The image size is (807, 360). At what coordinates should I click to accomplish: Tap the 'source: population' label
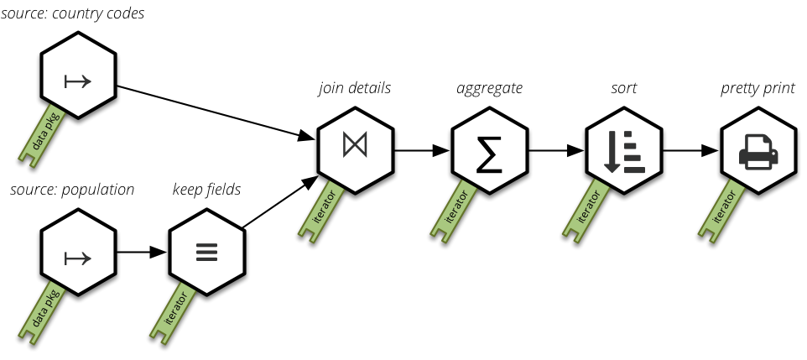(x=72, y=190)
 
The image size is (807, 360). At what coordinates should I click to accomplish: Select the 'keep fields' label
(x=206, y=190)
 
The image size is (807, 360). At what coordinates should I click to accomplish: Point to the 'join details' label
(x=354, y=87)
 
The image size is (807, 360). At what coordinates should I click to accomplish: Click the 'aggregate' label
(x=489, y=87)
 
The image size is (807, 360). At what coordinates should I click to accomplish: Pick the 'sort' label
(x=625, y=87)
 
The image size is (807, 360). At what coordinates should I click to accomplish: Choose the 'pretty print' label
(x=758, y=87)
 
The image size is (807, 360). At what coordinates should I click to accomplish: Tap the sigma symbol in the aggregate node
(x=490, y=152)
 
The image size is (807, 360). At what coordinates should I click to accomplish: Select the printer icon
(x=758, y=153)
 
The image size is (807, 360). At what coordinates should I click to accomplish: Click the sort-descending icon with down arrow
(x=623, y=152)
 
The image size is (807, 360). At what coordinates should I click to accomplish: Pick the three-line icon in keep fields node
(x=206, y=253)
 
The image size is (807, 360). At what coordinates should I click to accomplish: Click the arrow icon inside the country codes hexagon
(x=78, y=81)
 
